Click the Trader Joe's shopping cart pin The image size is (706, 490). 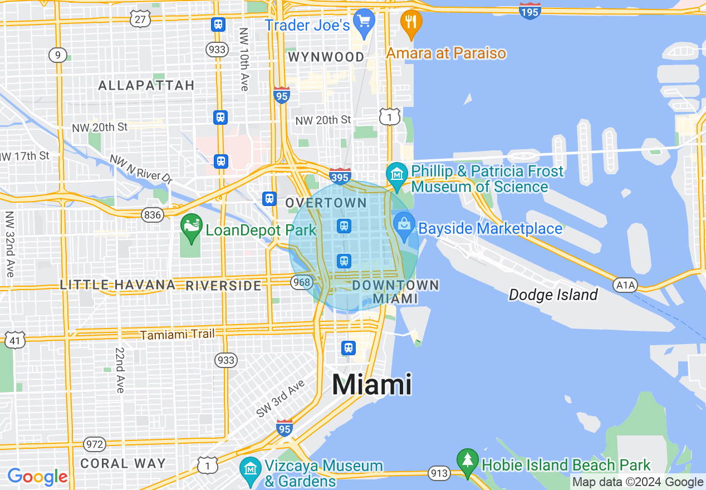point(364,23)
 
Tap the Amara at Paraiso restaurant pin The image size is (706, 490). point(411,23)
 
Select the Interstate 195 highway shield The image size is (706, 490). point(529,11)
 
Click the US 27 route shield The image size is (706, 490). point(140,19)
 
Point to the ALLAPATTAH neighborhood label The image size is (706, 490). point(146,85)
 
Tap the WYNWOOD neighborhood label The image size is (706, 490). point(326,57)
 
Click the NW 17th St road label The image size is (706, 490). point(25,155)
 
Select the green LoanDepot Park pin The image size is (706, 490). point(192,227)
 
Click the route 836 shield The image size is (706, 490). point(151,215)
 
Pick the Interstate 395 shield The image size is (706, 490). point(340,177)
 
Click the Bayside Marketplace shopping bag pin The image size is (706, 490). point(404,225)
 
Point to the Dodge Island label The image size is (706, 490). point(553,295)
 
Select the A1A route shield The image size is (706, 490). point(624,286)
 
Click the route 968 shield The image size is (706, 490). point(301,282)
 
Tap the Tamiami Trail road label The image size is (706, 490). point(176,335)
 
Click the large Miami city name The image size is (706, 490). point(372,385)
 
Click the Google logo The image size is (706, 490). point(37,477)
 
